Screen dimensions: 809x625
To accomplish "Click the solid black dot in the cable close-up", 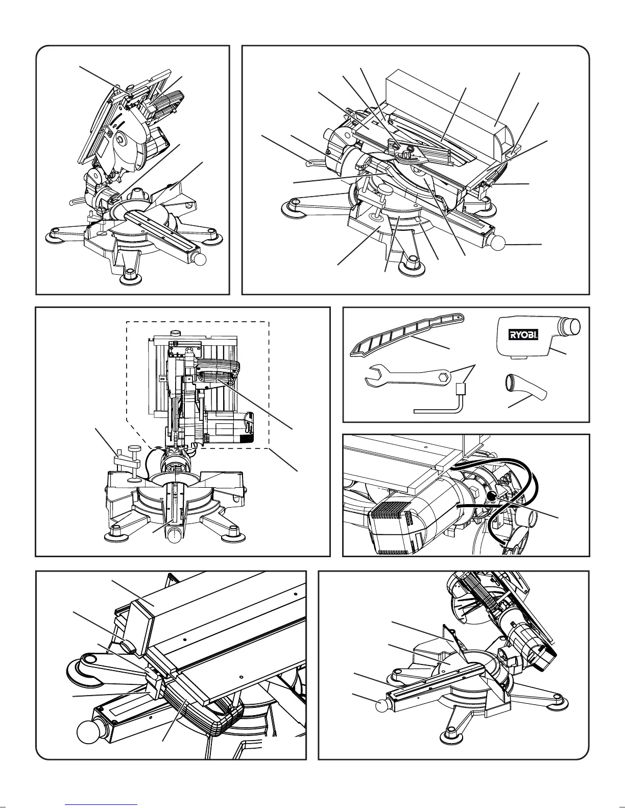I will (x=491, y=496).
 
